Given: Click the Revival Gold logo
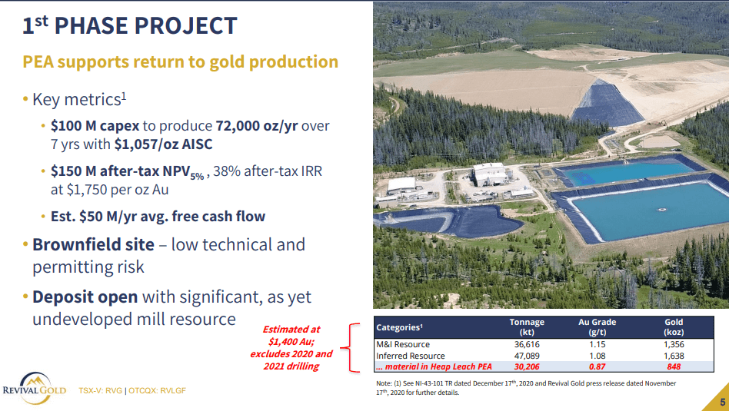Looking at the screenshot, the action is (35, 388).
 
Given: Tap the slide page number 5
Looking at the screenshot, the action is (723, 403).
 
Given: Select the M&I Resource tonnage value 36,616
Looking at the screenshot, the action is (527, 344).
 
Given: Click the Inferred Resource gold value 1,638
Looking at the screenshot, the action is (674, 356).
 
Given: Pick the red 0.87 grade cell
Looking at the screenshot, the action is (597, 366).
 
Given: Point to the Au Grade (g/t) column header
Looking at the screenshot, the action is (597, 327).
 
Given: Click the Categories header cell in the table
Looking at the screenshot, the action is (399, 327).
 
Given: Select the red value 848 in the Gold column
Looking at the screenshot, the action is (674, 366).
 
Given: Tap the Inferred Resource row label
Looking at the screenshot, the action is (411, 356).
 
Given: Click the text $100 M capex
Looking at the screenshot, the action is (95, 126).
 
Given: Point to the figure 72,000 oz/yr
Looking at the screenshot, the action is (257, 126).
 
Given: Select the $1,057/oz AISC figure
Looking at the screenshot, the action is (163, 144).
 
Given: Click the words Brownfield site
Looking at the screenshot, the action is (94, 245).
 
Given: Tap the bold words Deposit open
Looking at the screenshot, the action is (85, 297).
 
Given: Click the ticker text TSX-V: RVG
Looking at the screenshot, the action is (101, 390).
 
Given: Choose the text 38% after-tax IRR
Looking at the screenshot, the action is (268, 171).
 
